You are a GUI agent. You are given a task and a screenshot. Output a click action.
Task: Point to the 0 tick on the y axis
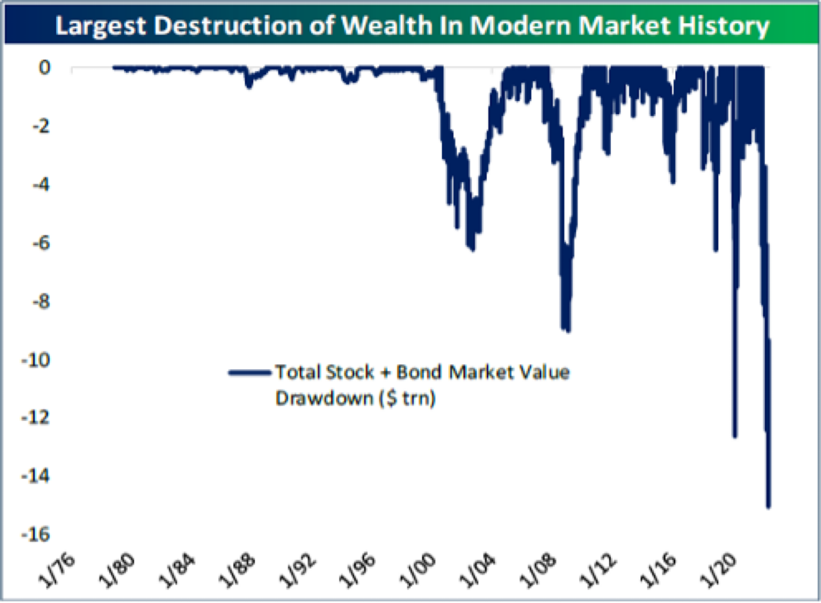(44, 68)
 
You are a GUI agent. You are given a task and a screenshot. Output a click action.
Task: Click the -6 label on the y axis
(41, 243)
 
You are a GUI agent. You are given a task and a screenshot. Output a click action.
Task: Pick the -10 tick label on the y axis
(36, 360)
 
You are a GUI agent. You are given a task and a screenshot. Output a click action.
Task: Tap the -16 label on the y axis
(36, 534)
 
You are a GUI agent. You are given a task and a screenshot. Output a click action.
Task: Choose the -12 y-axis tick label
(36, 417)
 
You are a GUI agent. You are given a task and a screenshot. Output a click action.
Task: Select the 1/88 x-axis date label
(238, 570)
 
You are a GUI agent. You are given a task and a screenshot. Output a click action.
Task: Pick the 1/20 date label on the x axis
(720, 570)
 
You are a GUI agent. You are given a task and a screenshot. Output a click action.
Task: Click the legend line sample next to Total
(250, 373)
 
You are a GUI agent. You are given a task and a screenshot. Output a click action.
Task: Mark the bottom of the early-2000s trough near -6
(472, 249)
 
